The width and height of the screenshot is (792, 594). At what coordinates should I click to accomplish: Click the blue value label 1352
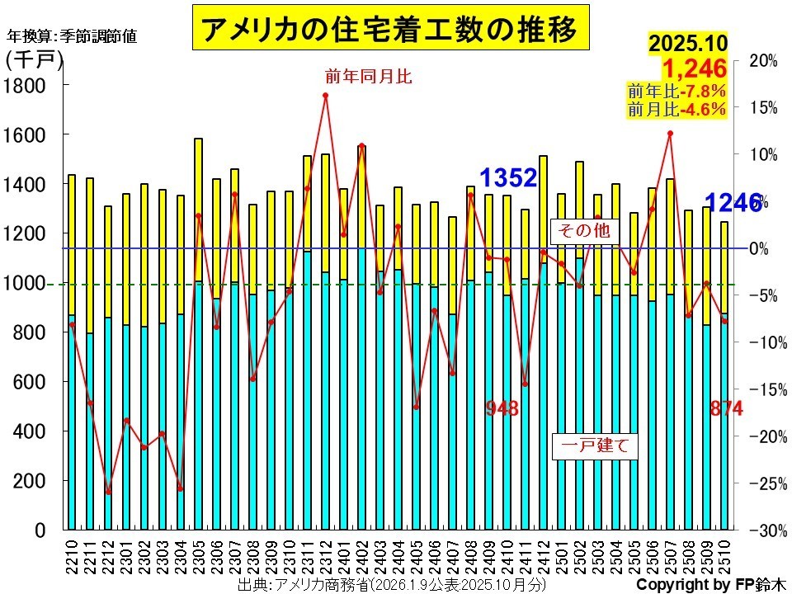pyautogui.click(x=509, y=177)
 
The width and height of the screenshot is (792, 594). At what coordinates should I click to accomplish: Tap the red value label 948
pyautogui.click(x=502, y=408)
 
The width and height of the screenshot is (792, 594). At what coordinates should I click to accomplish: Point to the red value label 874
pyautogui.click(x=727, y=408)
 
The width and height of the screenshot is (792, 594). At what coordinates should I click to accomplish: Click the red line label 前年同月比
pyautogui.click(x=368, y=77)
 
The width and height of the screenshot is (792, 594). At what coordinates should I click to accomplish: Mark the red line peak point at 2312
pyautogui.click(x=325, y=96)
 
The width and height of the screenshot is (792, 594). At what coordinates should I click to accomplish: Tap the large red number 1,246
pyautogui.click(x=694, y=68)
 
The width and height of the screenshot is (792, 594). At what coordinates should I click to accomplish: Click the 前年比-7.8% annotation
pyautogui.click(x=676, y=91)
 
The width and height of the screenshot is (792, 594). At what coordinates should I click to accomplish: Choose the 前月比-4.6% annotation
pyautogui.click(x=676, y=109)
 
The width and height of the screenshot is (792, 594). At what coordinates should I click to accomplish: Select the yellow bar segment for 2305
pyautogui.click(x=198, y=210)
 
